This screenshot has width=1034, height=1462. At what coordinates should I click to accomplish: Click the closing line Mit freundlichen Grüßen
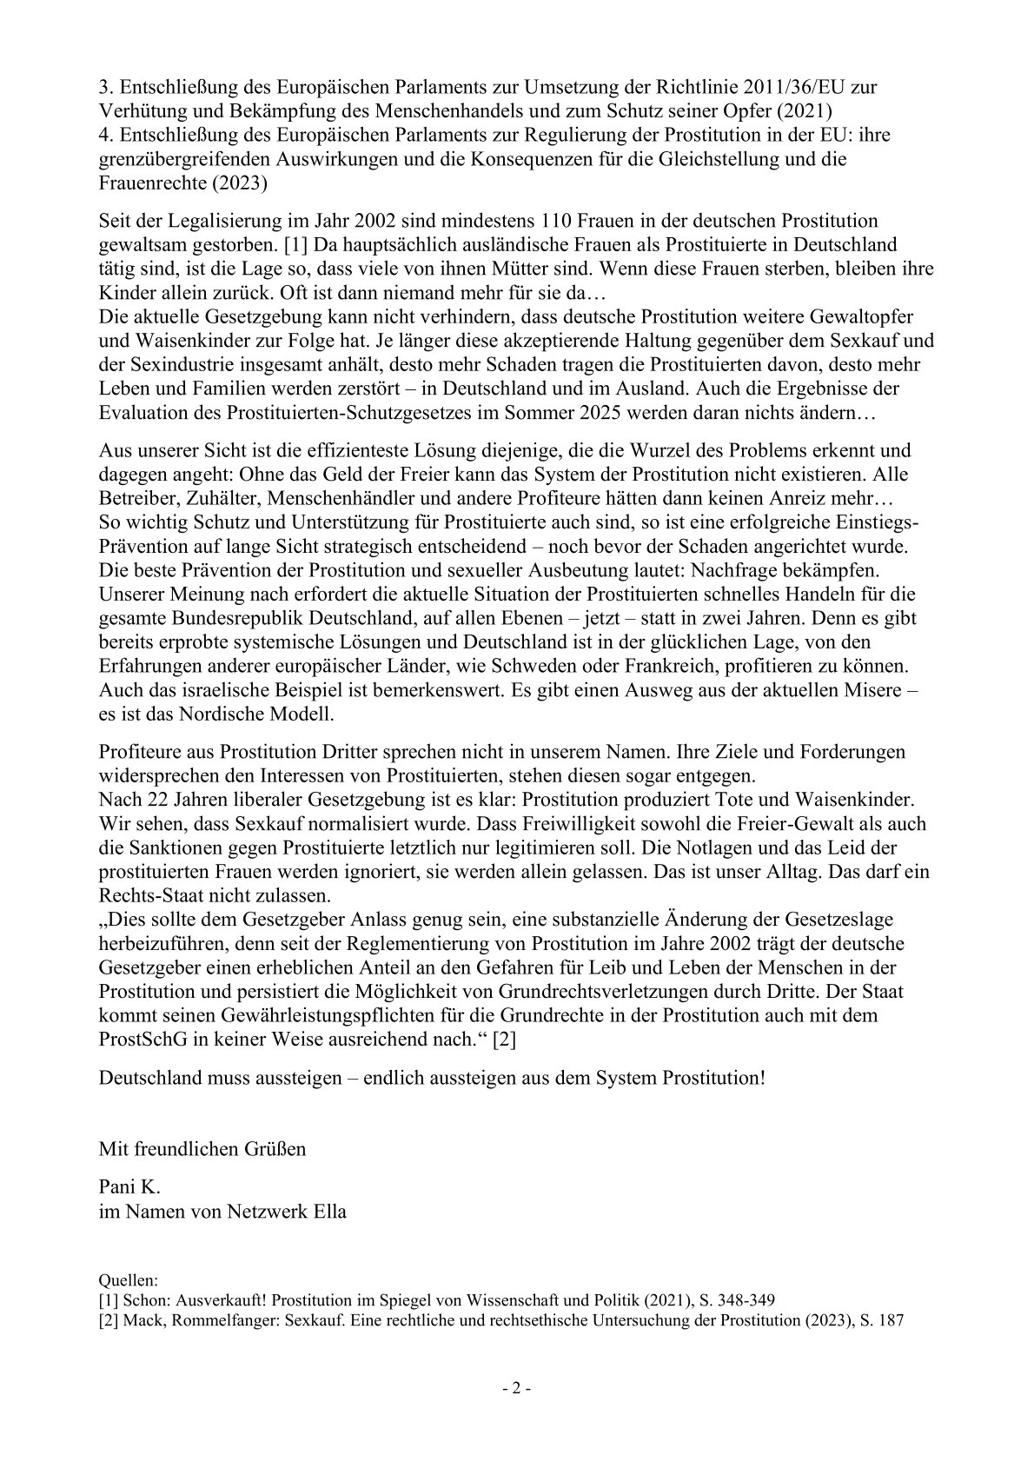(x=202, y=1148)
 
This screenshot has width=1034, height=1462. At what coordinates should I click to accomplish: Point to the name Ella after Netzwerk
(x=328, y=1211)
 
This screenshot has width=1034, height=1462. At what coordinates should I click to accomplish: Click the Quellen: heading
(x=128, y=1279)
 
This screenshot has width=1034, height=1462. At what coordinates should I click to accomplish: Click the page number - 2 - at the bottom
(x=517, y=1388)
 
